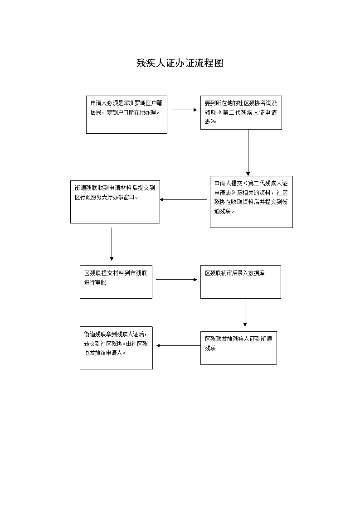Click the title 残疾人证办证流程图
pos(180,63)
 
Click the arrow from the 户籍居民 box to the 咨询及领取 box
pos(185,110)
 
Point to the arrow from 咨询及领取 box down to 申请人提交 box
pos(248,153)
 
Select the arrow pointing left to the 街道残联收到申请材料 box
pos(183,199)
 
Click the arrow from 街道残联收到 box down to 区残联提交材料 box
pos(112,244)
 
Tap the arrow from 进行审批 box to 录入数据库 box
pos(176,280)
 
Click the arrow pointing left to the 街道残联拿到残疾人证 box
pos(178,346)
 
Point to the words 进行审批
pos(95,282)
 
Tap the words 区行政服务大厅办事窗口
pos(107,197)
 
